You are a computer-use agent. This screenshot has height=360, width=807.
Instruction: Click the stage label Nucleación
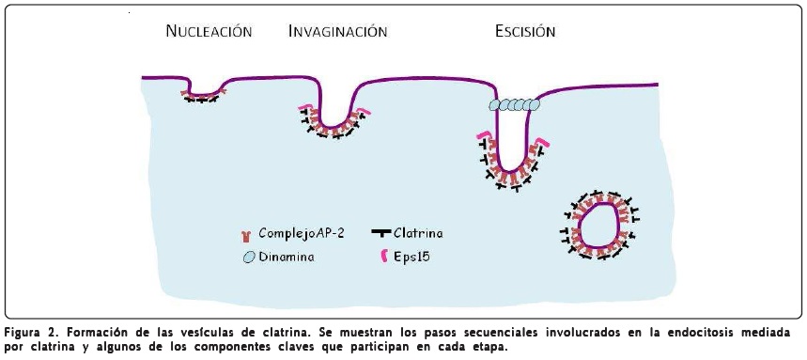coord(209,31)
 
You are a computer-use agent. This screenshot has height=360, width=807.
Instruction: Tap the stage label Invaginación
coord(337,31)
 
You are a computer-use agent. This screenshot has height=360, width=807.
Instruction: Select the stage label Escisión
coord(525,31)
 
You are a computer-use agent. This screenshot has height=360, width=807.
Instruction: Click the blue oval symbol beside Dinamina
coord(249,256)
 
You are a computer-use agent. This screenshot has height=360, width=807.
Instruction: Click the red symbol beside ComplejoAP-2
coord(246,234)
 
